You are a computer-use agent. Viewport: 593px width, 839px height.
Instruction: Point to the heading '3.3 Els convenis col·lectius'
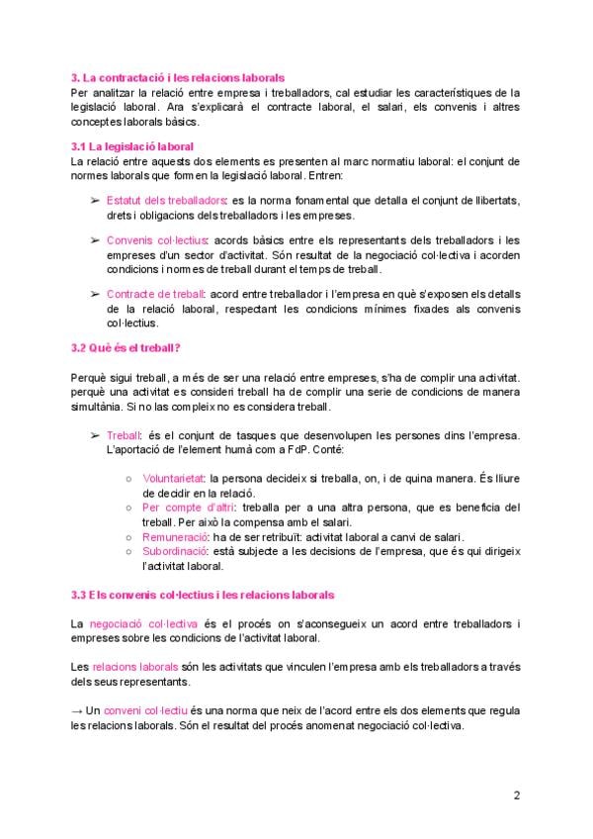tap(203, 595)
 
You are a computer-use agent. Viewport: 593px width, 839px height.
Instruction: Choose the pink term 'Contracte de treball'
tap(154, 294)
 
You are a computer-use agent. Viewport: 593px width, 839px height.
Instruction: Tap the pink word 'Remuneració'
tap(174, 536)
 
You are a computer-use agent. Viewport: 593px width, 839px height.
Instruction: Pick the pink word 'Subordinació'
tap(175, 551)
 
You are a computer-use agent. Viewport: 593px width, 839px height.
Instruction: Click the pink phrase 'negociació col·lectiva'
tap(143, 624)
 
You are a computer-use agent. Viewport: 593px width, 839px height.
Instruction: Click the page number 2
tap(517, 794)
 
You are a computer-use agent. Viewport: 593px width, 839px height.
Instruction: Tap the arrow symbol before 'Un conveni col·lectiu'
tap(78, 711)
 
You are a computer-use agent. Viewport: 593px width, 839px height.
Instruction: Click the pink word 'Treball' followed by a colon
tap(123, 435)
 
